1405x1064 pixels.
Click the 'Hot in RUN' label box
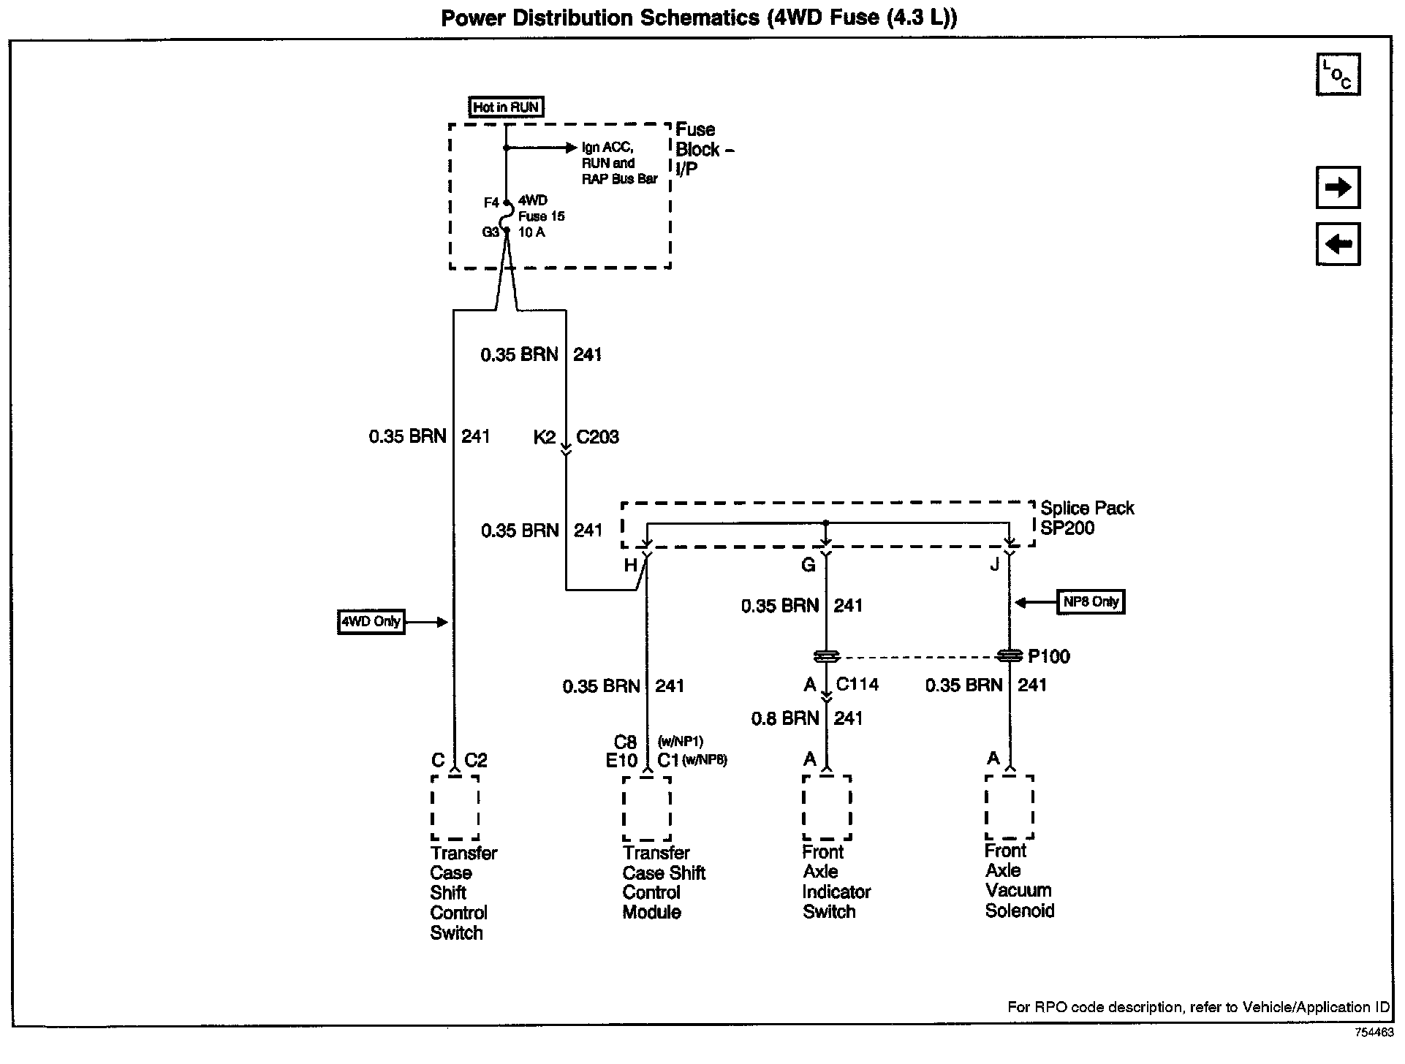(x=506, y=107)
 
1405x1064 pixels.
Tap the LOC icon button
(x=1337, y=75)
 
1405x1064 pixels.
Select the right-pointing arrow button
(x=1337, y=188)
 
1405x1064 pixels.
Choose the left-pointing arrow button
(x=1337, y=243)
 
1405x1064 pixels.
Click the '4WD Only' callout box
(x=371, y=622)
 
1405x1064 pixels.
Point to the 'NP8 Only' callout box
(x=1091, y=602)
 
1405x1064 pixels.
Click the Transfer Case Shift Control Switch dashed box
(x=455, y=807)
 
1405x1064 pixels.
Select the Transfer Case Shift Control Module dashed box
(x=647, y=808)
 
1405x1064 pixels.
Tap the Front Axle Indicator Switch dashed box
(x=827, y=807)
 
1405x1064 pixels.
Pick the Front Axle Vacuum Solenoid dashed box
(x=1010, y=807)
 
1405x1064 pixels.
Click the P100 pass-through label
(x=1048, y=656)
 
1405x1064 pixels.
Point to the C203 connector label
(x=597, y=437)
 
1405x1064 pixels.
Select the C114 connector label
(x=857, y=685)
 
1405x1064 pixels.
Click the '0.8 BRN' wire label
(x=785, y=718)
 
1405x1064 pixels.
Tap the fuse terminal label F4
(x=491, y=202)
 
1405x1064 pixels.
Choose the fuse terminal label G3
(x=490, y=232)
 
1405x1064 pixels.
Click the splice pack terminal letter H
(x=630, y=565)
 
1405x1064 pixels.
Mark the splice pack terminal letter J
(x=994, y=565)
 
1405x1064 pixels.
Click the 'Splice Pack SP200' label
(x=1086, y=518)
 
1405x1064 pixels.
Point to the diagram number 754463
(x=1374, y=1033)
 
